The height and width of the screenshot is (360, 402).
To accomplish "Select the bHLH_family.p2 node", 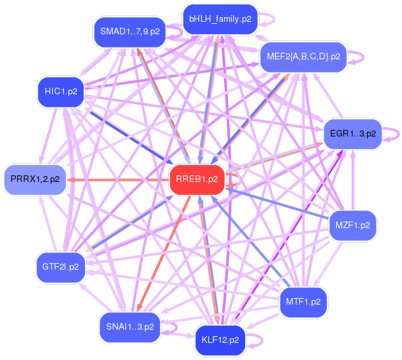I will (219, 19).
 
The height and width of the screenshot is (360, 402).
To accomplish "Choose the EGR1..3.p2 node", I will (352, 134).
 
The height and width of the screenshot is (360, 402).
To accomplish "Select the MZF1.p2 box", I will (353, 225).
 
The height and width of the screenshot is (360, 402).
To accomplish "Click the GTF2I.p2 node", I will (61, 267).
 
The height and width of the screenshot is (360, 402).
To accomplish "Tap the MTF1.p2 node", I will (304, 302).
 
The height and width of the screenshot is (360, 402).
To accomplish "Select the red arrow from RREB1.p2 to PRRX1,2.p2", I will (119, 179).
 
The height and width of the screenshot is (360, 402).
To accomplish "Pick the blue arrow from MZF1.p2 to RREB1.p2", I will (277, 204).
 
